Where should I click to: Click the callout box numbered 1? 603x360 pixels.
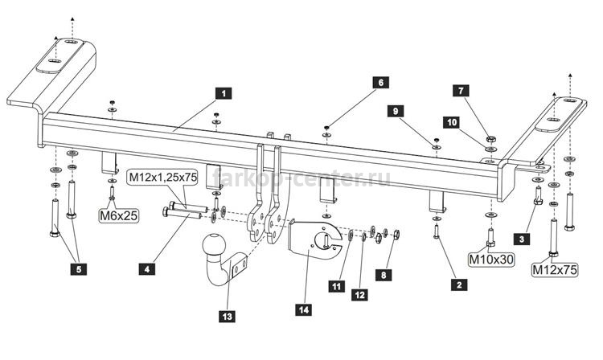click(224, 93)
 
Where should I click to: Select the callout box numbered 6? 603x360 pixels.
click(381, 83)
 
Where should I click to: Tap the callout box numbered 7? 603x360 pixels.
click(461, 91)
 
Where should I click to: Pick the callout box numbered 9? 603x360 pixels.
click(396, 111)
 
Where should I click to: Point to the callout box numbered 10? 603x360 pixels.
click(452, 122)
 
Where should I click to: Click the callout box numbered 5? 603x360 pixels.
click(79, 269)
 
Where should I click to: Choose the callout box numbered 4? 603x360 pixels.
click(147, 269)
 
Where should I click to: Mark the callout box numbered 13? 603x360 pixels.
click(227, 316)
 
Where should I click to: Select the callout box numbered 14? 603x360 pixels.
click(304, 309)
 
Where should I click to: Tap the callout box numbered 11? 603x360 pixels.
click(337, 286)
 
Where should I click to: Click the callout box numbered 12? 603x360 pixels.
click(359, 295)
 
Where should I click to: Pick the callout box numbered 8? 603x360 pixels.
click(384, 275)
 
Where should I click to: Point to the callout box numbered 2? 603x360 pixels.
click(459, 284)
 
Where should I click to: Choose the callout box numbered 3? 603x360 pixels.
click(522, 239)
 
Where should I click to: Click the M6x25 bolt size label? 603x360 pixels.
click(118, 215)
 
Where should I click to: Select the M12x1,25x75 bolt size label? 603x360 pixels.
click(163, 177)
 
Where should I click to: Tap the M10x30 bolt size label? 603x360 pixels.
click(491, 260)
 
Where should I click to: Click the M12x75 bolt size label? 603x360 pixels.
click(555, 270)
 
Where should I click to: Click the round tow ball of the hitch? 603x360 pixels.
click(214, 244)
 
